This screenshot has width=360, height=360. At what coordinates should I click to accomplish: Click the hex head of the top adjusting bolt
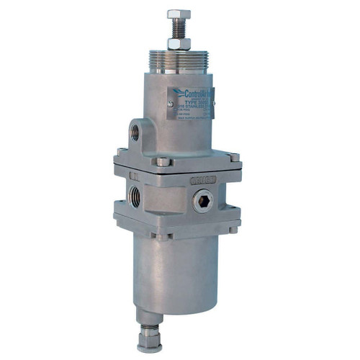178,14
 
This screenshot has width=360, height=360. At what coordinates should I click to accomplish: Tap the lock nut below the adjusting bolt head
179,43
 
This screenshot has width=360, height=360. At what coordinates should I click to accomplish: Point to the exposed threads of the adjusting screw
178,30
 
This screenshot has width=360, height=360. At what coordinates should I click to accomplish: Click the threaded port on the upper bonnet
137,132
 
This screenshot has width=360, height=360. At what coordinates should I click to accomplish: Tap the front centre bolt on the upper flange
163,162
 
